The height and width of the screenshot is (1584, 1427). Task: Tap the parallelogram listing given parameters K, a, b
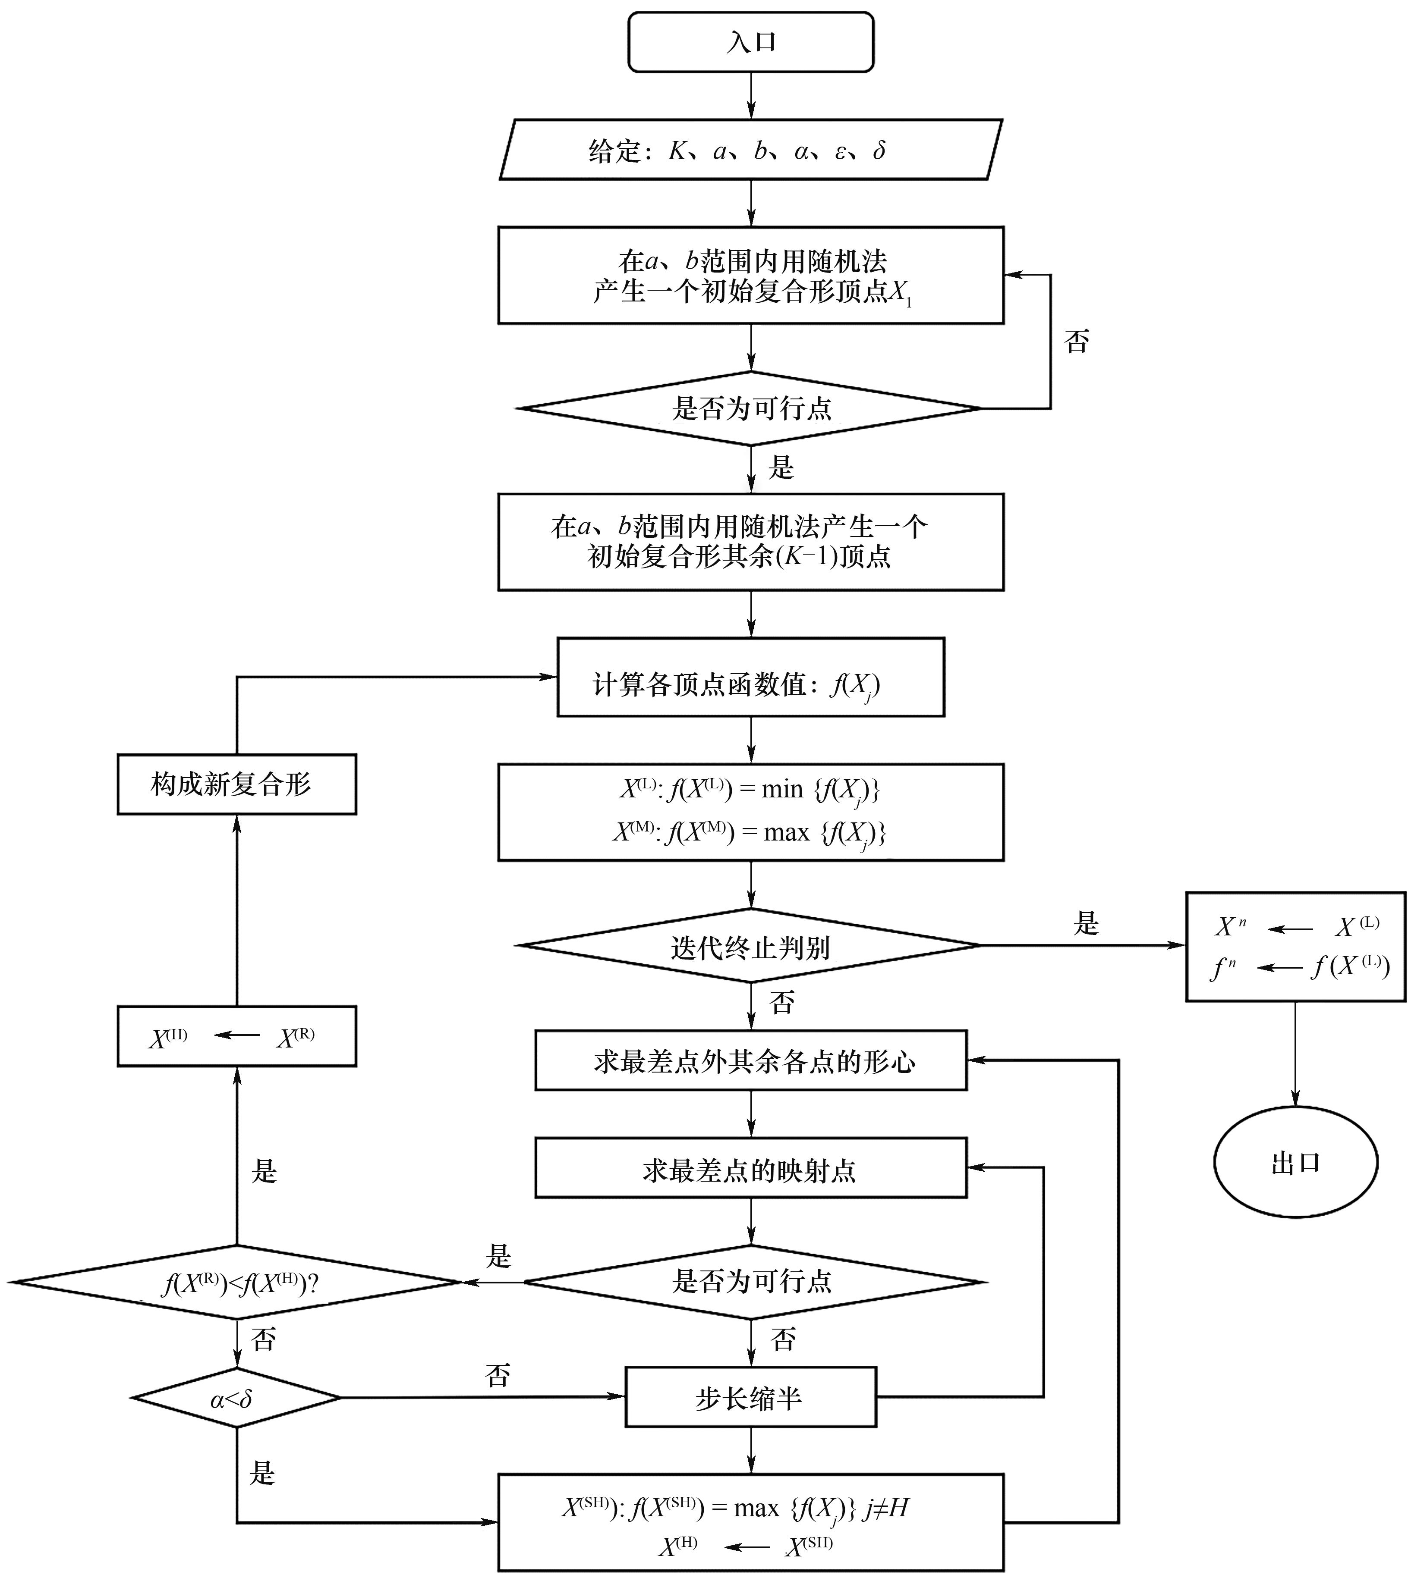(x=750, y=150)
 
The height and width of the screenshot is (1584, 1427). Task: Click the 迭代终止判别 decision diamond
(x=750, y=946)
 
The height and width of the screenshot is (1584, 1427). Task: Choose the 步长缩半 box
(x=750, y=1397)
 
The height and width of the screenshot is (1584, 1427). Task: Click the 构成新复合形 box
(x=236, y=784)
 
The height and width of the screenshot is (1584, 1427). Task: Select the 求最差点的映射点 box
(x=750, y=1170)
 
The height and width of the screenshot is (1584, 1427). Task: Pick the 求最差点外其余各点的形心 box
(x=750, y=1060)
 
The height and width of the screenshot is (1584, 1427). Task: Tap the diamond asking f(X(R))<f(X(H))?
(x=236, y=1283)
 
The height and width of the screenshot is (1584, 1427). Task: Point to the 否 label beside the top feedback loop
(x=1077, y=342)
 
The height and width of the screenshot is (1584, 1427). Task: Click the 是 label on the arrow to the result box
(x=1086, y=923)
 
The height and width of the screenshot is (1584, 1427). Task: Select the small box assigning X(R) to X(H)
(x=236, y=1036)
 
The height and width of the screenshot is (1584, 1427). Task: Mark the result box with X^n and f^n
(x=1295, y=946)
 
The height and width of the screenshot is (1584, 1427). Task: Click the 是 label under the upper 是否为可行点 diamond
(x=781, y=468)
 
